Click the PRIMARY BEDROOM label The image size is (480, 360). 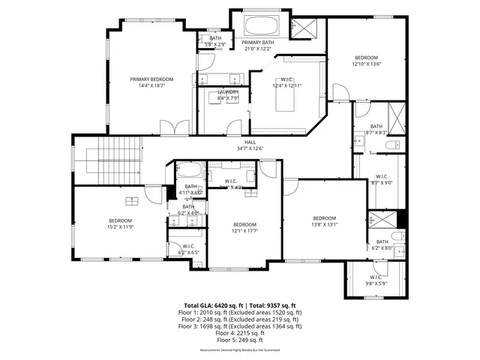(x=151, y=79)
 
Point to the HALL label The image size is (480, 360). (x=250, y=142)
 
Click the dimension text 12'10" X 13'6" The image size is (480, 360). (x=367, y=64)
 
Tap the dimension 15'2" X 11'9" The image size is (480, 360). (x=120, y=226)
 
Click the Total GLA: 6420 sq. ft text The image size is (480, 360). (x=211, y=306)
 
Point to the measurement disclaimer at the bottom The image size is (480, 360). (x=240, y=350)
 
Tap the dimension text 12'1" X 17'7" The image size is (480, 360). (x=244, y=231)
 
